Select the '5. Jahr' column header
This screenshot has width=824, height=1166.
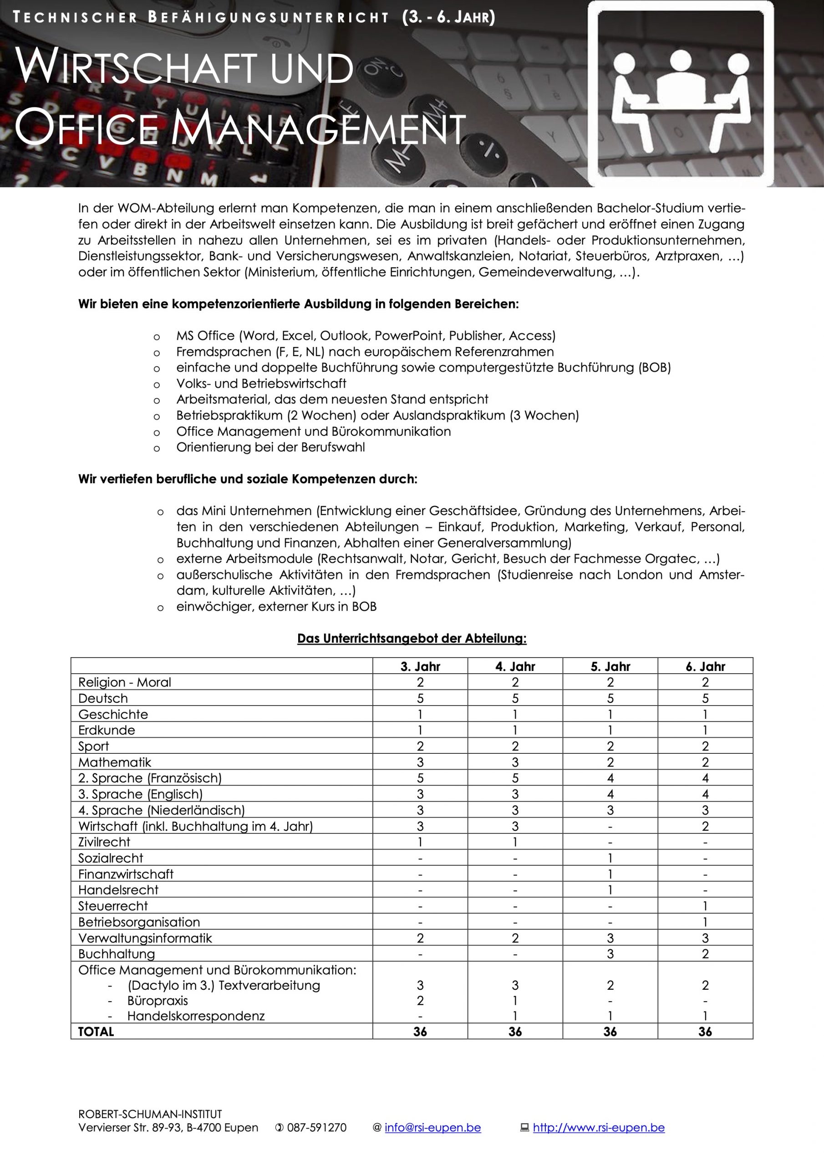[x=610, y=666]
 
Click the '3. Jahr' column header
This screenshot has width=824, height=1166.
[x=420, y=666]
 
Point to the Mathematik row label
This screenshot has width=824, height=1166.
[x=115, y=762]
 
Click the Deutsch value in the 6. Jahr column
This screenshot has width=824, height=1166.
[x=705, y=698]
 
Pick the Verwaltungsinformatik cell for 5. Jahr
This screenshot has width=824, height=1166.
[x=610, y=938]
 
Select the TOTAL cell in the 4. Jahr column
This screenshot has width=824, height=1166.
[x=515, y=1032]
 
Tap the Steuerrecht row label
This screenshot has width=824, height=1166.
[x=113, y=906]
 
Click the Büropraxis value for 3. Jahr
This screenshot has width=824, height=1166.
[x=420, y=1001]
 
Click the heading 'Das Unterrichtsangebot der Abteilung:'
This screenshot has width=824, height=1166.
[x=412, y=639]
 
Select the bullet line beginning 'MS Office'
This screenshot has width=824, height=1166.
[x=366, y=336]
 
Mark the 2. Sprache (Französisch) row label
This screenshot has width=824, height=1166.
[x=150, y=778]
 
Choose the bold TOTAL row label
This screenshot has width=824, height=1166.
[x=96, y=1032]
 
